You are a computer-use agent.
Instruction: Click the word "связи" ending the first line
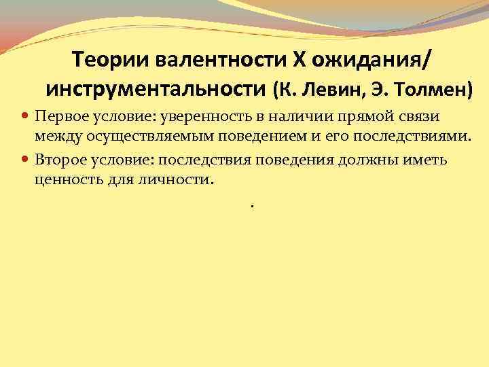click(x=423, y=117)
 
